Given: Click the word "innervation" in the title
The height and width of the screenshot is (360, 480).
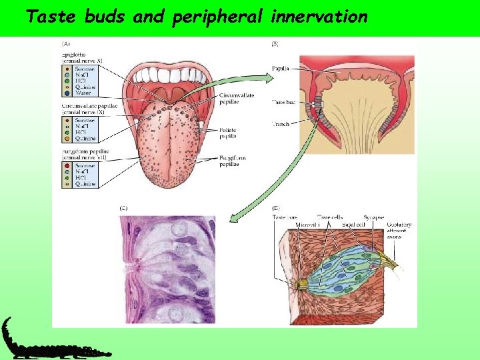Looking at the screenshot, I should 319,17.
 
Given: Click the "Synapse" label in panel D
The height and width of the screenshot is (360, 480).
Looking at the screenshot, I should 373,217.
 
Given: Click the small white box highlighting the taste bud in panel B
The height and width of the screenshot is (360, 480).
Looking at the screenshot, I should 318,104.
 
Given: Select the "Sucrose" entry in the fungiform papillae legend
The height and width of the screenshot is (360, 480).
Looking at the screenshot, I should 83,165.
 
